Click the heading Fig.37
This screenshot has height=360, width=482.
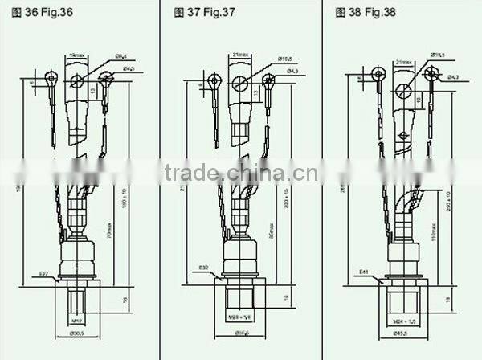click(205, 12)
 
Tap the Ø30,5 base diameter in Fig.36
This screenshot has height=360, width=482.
click(78, 334)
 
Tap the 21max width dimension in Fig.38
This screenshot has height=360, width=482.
click(404, 60)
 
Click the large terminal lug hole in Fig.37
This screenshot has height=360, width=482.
click(239, 83)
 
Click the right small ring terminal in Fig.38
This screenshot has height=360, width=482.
click(431, 74)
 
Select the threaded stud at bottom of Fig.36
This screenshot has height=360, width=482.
click(77, 302)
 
